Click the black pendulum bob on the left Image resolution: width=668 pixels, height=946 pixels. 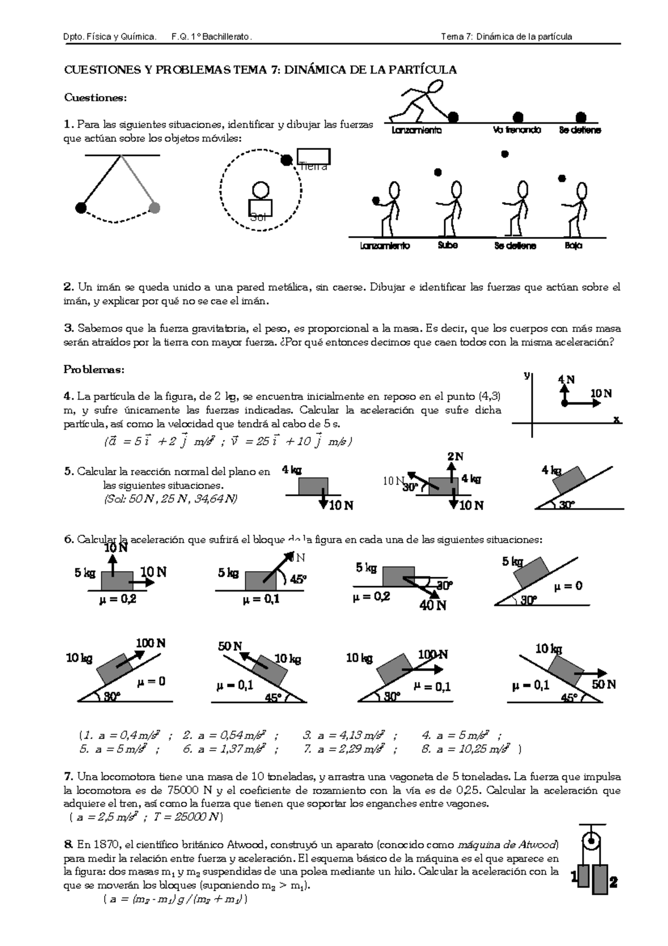point(81,208)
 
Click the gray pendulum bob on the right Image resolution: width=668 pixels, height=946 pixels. point(155,208)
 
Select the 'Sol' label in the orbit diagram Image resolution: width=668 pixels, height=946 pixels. point(259,217)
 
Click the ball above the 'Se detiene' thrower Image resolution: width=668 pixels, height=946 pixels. point(505,154)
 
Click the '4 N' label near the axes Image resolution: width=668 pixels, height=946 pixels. point(566,380)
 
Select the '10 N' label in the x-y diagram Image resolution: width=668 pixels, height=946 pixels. point(601,393)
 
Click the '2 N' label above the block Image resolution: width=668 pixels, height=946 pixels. point(455,457)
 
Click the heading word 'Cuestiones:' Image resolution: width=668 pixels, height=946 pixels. point(96,97)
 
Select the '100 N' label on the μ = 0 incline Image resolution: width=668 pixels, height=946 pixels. point(150,643)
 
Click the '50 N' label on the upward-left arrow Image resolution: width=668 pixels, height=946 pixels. point(230,646)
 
